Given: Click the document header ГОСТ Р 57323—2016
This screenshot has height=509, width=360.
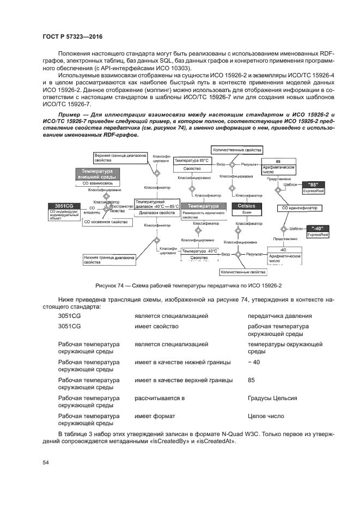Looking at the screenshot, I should point(72,36).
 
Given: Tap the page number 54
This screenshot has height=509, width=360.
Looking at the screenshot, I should point(46,463).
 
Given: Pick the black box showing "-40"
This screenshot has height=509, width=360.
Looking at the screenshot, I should point(317,228).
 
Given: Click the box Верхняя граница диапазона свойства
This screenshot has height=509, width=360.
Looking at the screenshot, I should point(112,158).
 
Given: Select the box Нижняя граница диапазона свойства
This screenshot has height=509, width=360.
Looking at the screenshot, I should point(108,260).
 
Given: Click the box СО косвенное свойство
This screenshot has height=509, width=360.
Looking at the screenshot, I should point(105,222).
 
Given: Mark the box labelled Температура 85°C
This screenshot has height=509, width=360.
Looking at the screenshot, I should point(191,161).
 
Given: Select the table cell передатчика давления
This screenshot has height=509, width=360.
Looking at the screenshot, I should point(279,316).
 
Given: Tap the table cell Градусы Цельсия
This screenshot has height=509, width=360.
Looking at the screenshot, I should point(272,398).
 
